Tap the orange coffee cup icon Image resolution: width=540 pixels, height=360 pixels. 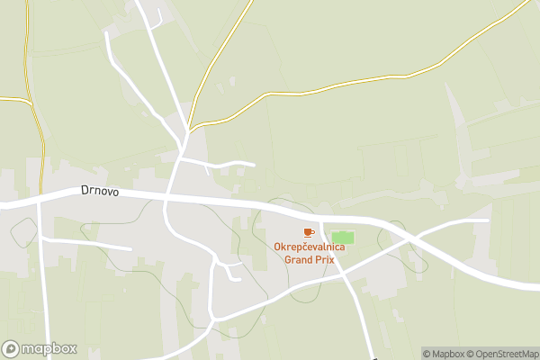click(x=309, y=233)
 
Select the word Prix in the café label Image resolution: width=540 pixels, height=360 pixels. click(x=322, y=259)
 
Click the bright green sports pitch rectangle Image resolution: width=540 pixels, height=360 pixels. click(x=343, y=238)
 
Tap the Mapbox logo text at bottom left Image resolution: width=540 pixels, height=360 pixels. click(x=49, y=348)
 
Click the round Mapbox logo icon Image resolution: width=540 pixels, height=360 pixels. click(x=12, y=348)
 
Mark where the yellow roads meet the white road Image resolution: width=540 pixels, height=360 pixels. click(x=189, y=128)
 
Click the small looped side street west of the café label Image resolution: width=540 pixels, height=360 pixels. click(x=229, y=270)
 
